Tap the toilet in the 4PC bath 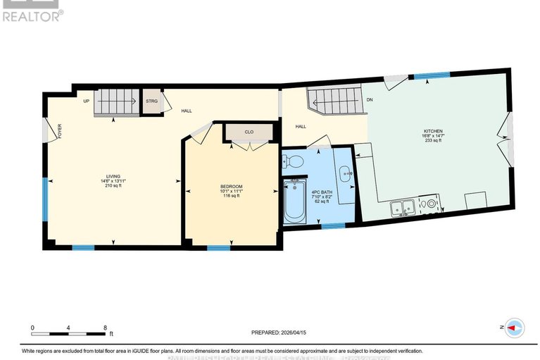click(294, 161)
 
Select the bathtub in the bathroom click(294, 201)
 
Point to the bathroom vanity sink click(344, 171)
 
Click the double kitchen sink click(402, 207)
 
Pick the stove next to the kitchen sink click(427, 206)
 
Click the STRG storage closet click(151, 101)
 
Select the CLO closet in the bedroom click(249, 131)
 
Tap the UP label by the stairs click(86, 101)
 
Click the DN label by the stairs click(369, 100)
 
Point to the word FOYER click(60, 132)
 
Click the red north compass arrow click(515, 328)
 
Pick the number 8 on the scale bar click(105, 328)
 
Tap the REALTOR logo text click(32, 15)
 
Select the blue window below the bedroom click(218, 247)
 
